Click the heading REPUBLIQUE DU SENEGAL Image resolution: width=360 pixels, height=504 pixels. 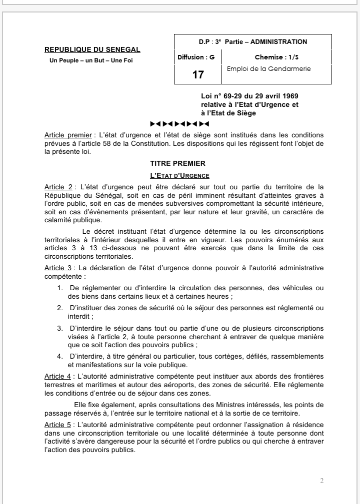[92, 49]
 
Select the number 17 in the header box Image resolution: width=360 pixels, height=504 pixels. [198, 75]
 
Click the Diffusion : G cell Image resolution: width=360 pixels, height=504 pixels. [196, 57]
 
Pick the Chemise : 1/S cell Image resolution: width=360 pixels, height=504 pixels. [276, 57]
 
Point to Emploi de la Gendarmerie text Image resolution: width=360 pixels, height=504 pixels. [268, 69]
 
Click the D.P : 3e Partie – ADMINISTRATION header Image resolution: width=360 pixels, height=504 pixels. [252, 42]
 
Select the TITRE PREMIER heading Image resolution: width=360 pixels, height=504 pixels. [177, 163]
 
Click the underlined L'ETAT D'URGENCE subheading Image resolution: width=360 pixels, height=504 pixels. [179, 175]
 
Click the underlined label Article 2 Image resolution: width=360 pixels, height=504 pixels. [58, 187]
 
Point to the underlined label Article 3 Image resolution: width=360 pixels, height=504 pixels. [58, 268]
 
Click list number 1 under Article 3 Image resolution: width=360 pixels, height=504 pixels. [59, 288]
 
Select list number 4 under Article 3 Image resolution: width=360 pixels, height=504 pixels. [59, 356]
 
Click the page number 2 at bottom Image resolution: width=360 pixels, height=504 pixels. [321, 481]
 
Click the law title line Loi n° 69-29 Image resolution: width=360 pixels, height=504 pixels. [249, 96]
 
